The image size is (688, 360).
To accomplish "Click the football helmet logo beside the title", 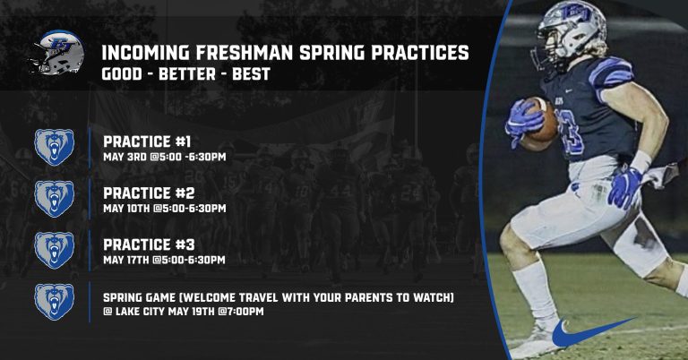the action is point(56,52).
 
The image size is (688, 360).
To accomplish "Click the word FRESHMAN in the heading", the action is point(244,53).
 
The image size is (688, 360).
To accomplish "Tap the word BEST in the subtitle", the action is point(251,73).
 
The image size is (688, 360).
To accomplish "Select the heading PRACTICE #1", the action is point(147,141).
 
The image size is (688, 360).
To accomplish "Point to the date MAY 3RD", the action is point(125,157).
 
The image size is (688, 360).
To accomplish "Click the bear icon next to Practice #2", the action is point(55,199).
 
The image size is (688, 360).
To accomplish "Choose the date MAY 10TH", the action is point(126,209).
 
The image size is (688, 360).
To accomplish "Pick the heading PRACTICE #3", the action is point(149,244).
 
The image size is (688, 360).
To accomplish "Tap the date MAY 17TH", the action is point(126,260).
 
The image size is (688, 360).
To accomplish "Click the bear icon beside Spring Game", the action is point(55,302).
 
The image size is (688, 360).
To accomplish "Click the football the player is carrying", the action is point(541,120).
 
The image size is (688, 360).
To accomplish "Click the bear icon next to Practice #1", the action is point(55,147).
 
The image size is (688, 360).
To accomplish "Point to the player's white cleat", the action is point(537,342).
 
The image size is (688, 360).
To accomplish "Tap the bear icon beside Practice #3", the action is point(55,250).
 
